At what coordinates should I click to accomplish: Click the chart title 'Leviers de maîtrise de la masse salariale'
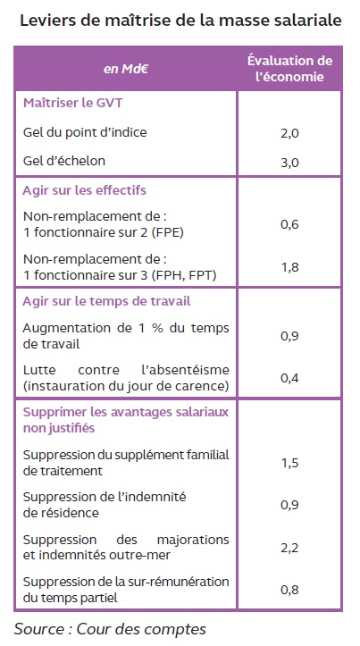tap(179, 21)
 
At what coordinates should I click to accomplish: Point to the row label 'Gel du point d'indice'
tap(85, 132)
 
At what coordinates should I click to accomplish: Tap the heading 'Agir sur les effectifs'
tap(84, 190)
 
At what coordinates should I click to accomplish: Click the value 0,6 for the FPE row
tap(289, 224)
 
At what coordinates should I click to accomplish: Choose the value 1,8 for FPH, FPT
tap(289, 265)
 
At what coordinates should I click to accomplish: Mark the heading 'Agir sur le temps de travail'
tap(106, 300)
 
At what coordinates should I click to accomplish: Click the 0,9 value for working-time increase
tap(289, 336)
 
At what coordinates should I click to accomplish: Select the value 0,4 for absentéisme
tap(289, 377)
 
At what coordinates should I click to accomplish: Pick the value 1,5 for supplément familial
tap(289, 462)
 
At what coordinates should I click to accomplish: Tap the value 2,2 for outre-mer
tap(289, 547)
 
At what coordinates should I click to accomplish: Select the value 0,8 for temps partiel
tap(289, 590)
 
